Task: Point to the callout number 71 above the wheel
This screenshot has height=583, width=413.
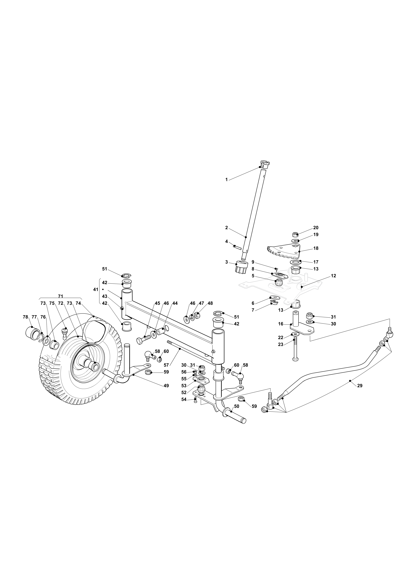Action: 61,296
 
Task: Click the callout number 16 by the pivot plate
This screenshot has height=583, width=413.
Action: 281,324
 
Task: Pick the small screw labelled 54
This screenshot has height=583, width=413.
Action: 195,400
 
